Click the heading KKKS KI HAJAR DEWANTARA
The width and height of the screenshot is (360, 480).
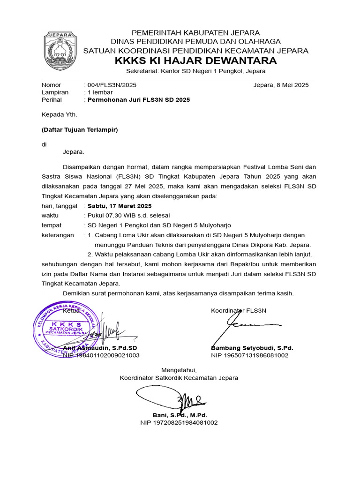click(x=195, y=61)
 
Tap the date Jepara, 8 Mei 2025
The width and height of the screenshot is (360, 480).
click(x=280, y=85)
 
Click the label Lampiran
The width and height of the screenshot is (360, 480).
click(x=55, y=92)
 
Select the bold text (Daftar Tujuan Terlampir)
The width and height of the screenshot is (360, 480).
click(x=79, y=129)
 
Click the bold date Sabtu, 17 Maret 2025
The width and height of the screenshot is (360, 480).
click(x=120, y=206)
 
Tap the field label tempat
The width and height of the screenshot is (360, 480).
click(x=51, y=225)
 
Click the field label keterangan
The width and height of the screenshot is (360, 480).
click(x=58, y=235)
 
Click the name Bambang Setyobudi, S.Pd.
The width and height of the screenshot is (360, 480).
click(x=252, y=348)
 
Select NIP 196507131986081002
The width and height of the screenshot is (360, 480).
click(x=249, y=355)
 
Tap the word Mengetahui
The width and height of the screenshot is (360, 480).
click(x=179, y=370)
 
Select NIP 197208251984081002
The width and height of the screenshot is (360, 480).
click(x=179, y=422)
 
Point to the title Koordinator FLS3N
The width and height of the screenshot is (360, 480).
click(x=239, y=310)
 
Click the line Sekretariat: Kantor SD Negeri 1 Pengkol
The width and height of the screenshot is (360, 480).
click(x=196, y=71)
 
